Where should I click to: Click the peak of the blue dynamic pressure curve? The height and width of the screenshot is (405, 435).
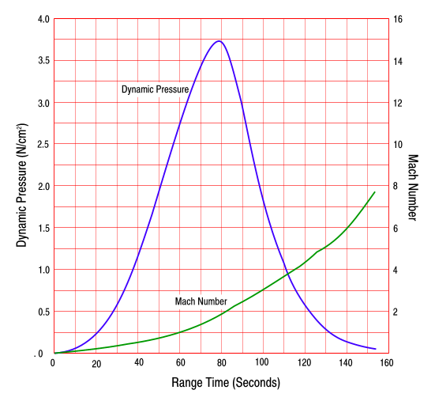pyautogui.click(x=219, y=41)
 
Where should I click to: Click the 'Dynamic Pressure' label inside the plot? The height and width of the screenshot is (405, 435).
pyautogui.click(x=155, y=89)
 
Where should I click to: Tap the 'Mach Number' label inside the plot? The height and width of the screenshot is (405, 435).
pyautogui.click(x=201, y=301)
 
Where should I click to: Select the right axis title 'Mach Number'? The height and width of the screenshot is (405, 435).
pyautogui.click(x=413, y=187)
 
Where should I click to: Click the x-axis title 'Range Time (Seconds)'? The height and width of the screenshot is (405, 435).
pyautogui.click(x=226, y=383)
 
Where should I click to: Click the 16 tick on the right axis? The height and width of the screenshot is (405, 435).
pyautogui.click(x=399, y=19)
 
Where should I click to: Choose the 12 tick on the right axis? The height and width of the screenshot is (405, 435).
pyautogui.click(x=399, y=103)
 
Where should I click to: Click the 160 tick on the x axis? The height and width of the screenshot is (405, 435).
pyautogui.click(x=386, y=363)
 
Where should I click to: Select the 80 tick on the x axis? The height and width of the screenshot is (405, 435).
pyautogui.click(x=222, y=363)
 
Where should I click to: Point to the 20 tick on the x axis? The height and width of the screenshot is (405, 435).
pyautogui.click(x=96, y=364)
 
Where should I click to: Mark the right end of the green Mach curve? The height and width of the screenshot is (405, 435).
pyautogui.click(x=374, y=191)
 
